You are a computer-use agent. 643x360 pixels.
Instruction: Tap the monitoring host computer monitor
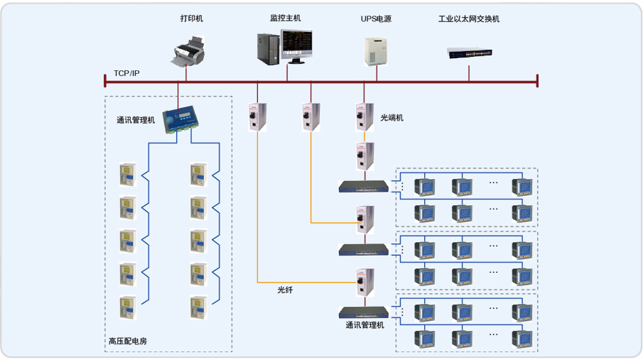click(x=296, y=46)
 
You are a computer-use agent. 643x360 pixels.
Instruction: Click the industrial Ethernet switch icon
click(x=470, y=52)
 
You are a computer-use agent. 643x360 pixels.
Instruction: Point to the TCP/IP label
click(x=126, y=74)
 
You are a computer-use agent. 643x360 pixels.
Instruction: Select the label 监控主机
click(x=285, y=18)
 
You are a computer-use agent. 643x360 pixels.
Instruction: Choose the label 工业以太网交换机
click(x=469, y=19)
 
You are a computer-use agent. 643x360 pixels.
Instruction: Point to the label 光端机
click(x=391, y=117)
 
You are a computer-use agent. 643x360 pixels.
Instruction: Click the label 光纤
click(x=285, y=290)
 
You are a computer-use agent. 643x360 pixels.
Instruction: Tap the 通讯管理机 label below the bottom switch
click(x=364, y=326)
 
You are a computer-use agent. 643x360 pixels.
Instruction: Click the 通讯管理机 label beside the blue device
click(x=136, y=120)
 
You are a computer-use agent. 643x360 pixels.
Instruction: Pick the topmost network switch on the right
click(x=364, y=187)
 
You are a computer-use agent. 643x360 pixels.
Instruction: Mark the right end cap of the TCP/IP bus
click(x=537, y=80)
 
